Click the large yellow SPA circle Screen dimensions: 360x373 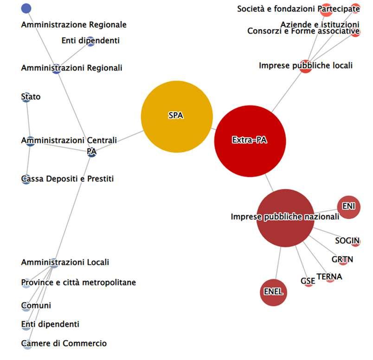click(x=176, y=116)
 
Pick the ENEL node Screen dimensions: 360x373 click(x=273, y=293)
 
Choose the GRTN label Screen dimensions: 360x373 click(x=342, y=259)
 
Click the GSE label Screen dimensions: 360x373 click(x=308, y=281)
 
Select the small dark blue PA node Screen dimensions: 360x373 click(x=91, y=152)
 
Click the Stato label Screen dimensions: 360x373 click(x=31, y=97)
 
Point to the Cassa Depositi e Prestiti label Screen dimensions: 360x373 click(x=67, y=179)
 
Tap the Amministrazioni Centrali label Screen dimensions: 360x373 click(x=69, y=140)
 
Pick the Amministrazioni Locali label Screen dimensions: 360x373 click(x=65, y=263)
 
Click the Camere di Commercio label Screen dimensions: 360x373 click(x=64, y=343)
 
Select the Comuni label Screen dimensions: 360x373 click(x=36, y=306)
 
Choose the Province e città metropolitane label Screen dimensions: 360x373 click(x=78, y=282)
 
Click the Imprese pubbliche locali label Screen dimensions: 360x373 click(x=305, y=66)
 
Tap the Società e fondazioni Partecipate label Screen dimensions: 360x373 click(x=298, y=9)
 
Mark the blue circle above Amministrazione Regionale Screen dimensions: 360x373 click(x=26, y=8)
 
